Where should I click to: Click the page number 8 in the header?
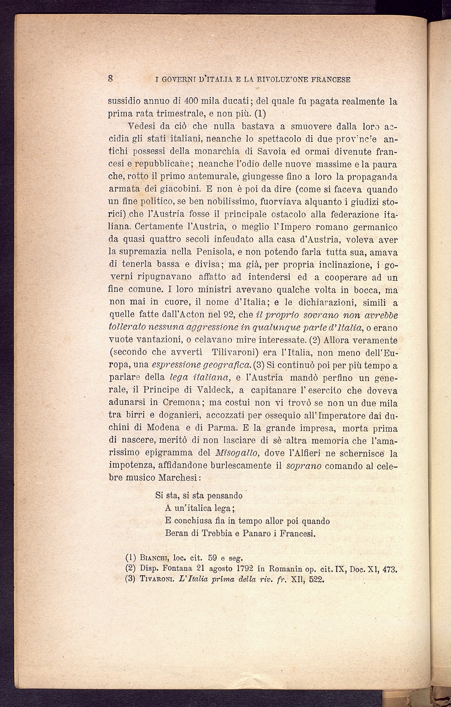point(111,78)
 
